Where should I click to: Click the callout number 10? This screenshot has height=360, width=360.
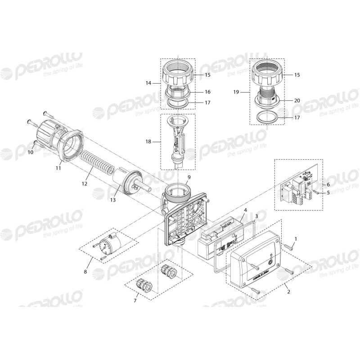(31, 153)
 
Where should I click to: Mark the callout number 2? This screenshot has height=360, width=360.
(288, 291)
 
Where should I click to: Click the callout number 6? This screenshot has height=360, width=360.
(328, 184)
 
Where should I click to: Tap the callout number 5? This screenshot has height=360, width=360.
(328, 192)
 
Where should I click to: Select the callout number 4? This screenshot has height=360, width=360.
(245, 210)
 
